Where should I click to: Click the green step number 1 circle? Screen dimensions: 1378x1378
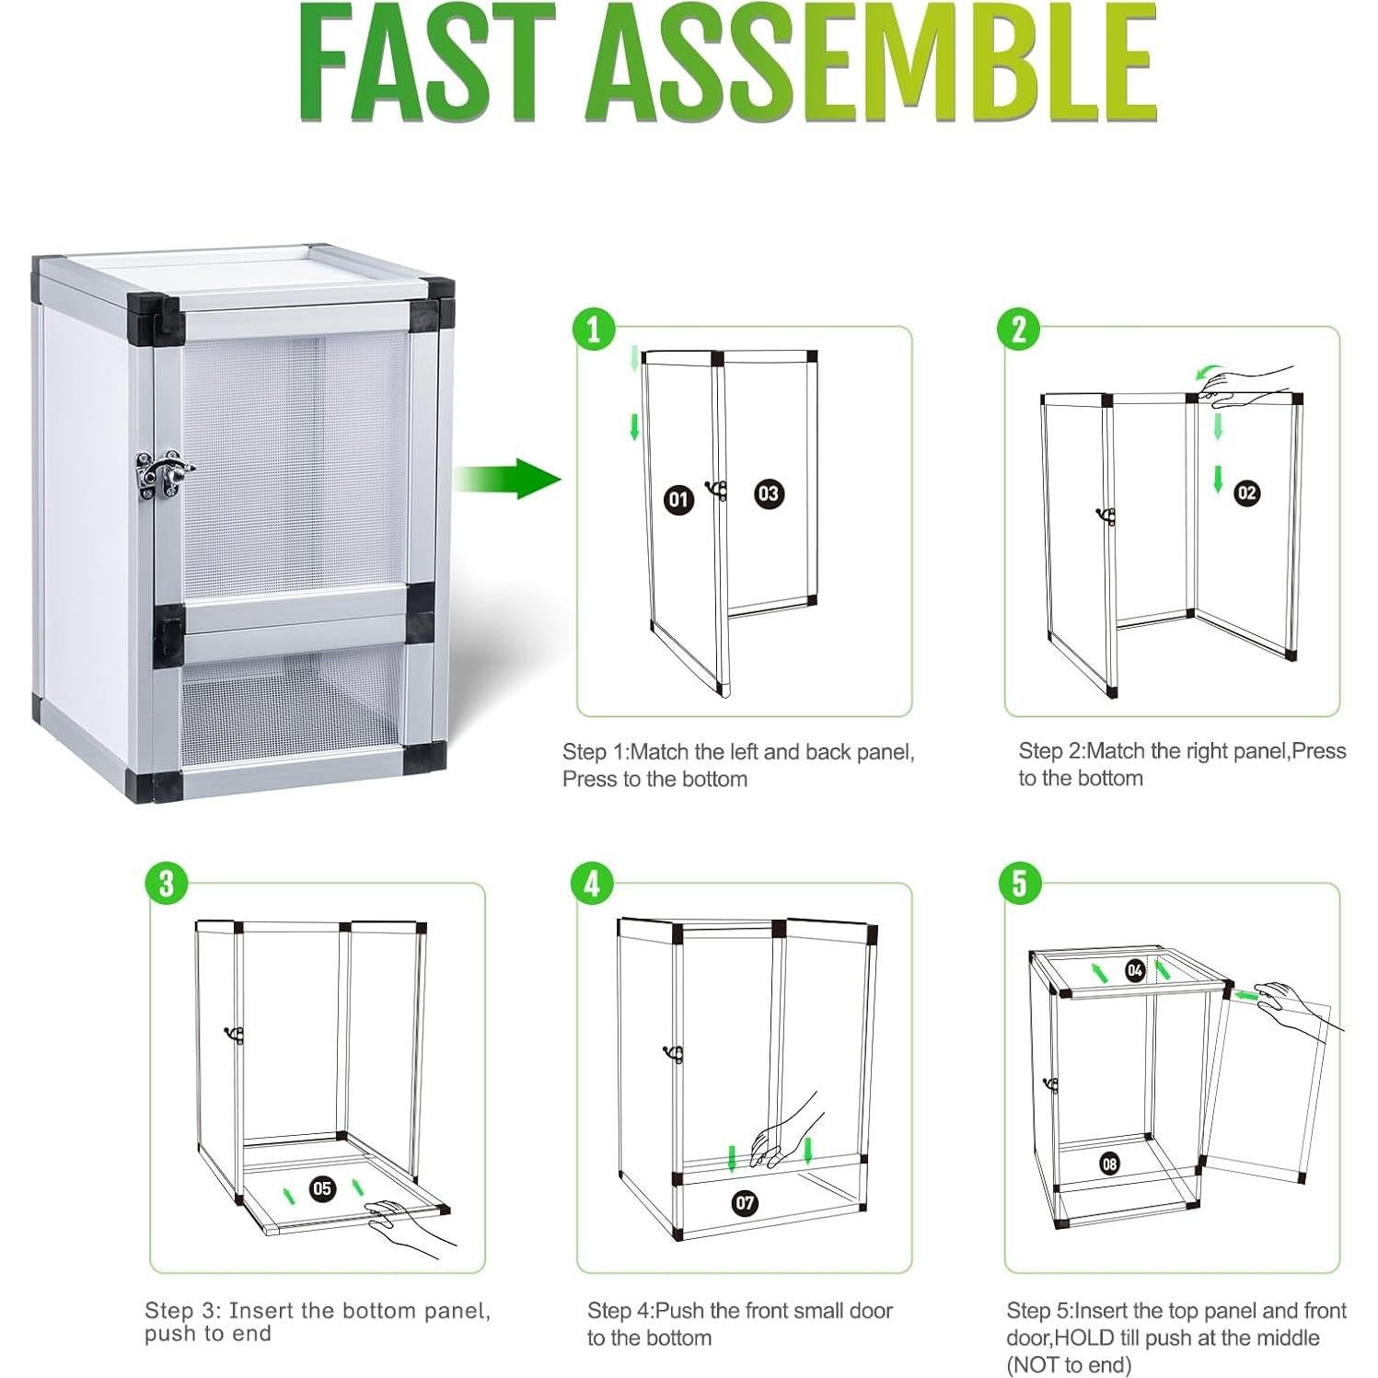click(593, 329)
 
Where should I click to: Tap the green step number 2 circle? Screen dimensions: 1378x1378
click(1018, 329)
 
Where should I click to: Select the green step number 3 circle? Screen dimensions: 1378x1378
click(166, 884)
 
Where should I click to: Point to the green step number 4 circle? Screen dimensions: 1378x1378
click(592, 884)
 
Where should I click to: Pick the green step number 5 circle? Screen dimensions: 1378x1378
click(1018, 884)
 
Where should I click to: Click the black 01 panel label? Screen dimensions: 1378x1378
click(678, 500)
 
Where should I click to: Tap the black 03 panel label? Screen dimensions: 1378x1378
click(768, 493)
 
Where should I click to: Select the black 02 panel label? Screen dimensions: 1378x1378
click(1246, 492)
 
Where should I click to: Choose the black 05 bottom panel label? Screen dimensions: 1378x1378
click(322, 1188)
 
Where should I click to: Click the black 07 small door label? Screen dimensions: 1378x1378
click(745, 1202)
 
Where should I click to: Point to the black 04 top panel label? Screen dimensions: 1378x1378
click(1135, 970)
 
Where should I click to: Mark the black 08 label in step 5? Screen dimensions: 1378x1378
click(1110, 1164)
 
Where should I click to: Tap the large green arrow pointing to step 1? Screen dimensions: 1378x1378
click(506, 479)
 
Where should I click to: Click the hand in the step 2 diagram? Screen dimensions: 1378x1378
click(1252, 382)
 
